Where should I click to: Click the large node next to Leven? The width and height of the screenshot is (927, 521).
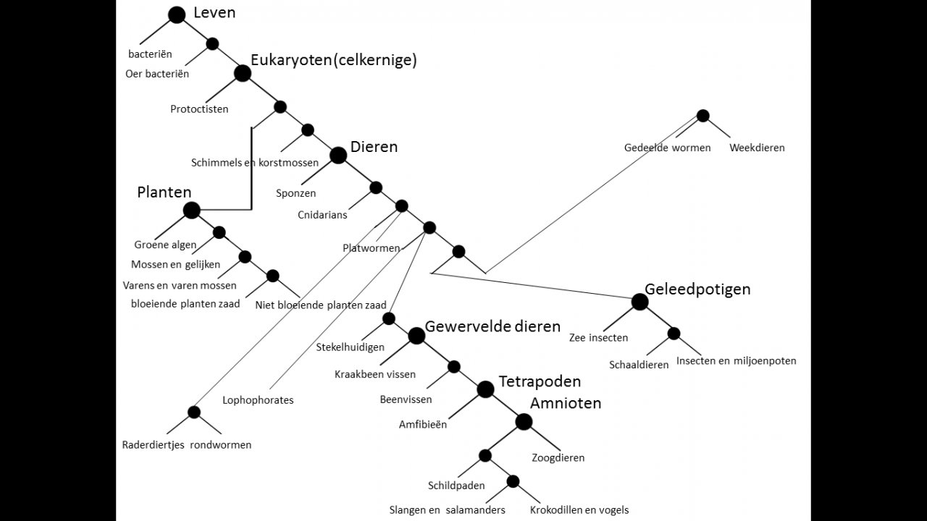point(177,14)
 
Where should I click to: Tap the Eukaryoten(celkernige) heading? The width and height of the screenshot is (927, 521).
point(334,60)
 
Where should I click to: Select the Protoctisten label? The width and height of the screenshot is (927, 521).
point(199,109)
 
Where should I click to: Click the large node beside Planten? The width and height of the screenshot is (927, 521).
point(191,211)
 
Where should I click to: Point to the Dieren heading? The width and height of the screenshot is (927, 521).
point(374,147)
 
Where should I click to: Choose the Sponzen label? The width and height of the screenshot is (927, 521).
point(295,193)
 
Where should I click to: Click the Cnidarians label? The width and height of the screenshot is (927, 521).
point(322,215)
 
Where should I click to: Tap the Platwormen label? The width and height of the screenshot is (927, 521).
point(372,248)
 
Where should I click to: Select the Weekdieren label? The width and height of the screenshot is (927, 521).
point(757,148)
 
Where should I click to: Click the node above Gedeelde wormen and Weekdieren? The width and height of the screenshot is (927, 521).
point(702,116)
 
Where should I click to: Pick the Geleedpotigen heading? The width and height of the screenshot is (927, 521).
point(697,289)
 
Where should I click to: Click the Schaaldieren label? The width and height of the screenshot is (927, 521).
point(639,365)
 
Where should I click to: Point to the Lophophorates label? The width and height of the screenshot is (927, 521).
point(258,400)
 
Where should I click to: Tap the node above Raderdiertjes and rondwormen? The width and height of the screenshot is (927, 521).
point(194,412)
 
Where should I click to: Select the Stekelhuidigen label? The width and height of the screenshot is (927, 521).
point(350,347)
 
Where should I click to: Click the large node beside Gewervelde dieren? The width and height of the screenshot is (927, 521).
point(416,336)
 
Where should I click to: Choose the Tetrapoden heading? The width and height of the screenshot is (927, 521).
point(540,381)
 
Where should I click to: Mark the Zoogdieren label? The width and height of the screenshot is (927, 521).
point(558,457)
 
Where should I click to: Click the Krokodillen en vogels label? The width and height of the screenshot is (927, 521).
point(579,510)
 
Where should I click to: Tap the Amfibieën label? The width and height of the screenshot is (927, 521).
point(423,425)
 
